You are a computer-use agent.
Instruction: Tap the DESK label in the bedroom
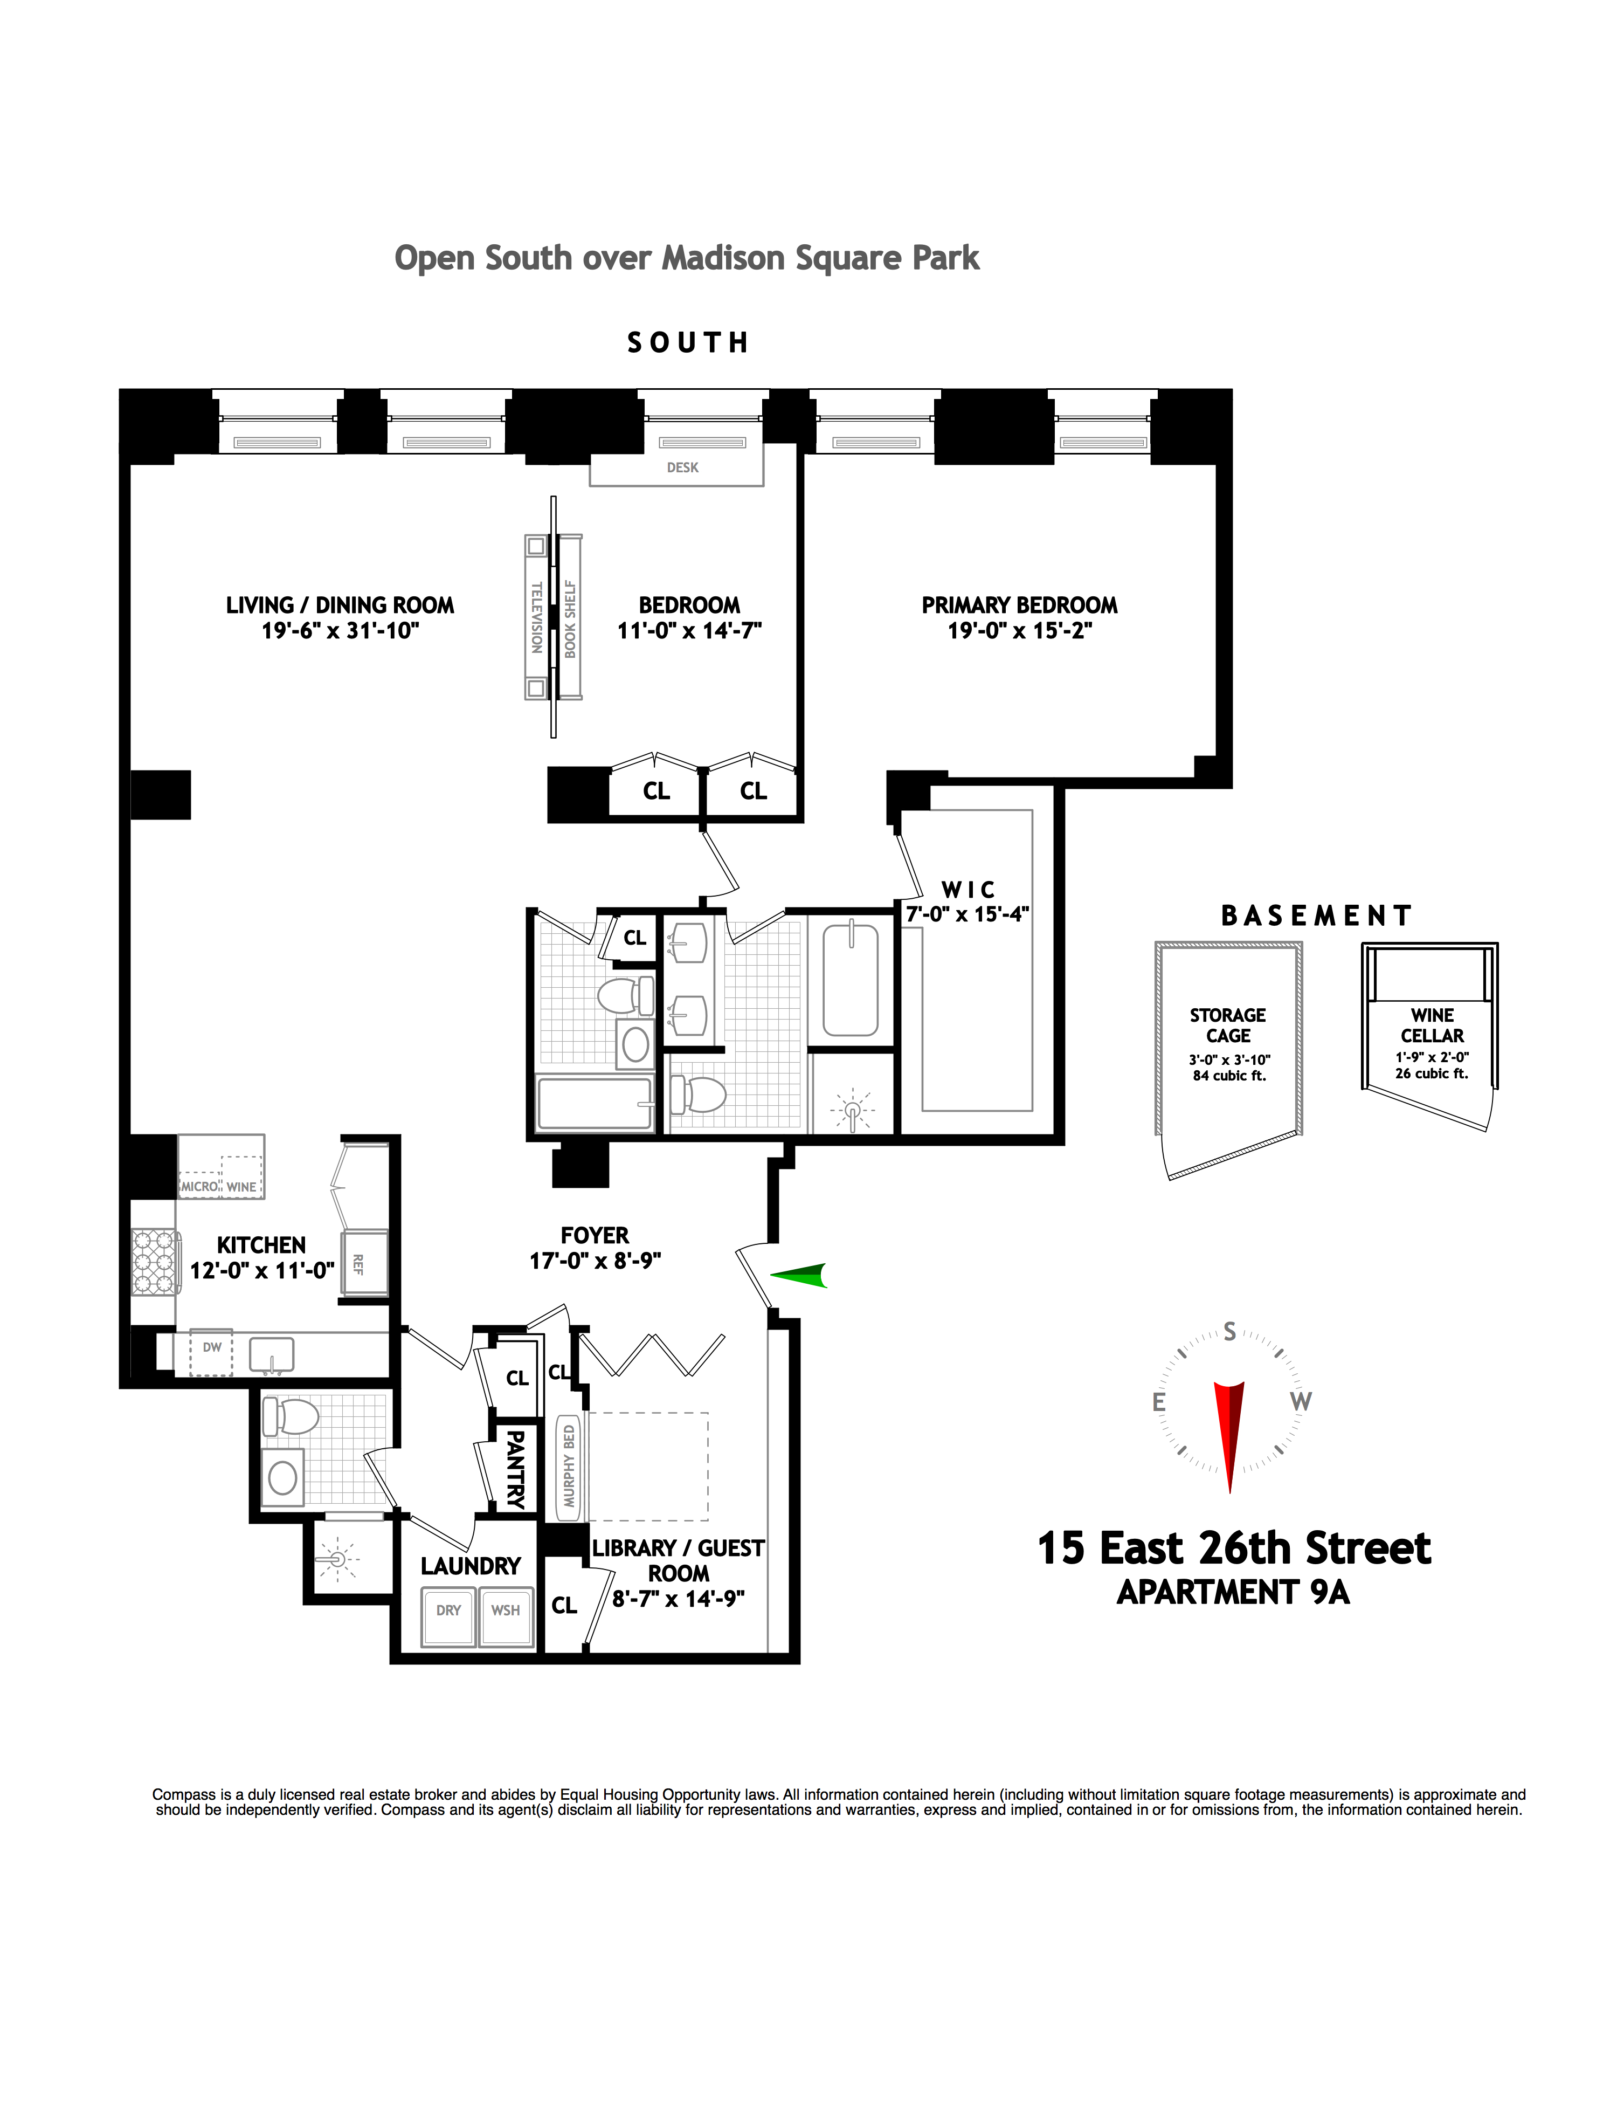pos(682,468)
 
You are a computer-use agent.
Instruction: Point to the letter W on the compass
pos(1300,1402)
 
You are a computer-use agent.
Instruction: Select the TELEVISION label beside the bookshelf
pos(537,617)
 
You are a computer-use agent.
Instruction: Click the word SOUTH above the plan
pos(687,343)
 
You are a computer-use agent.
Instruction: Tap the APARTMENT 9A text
pos(1233,1593)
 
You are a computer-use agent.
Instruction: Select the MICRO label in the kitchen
pos(199,1186)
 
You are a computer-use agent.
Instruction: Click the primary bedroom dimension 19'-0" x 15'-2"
pos(1019,630)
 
